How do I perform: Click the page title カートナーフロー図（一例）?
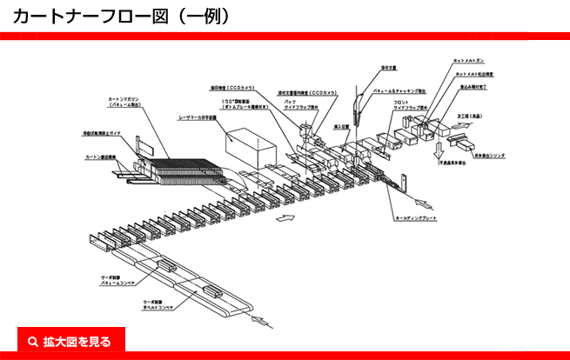[122, 15]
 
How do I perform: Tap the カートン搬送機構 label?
[102, 157]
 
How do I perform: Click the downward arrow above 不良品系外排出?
[437, 145]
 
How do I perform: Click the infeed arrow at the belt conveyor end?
[258, 323]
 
